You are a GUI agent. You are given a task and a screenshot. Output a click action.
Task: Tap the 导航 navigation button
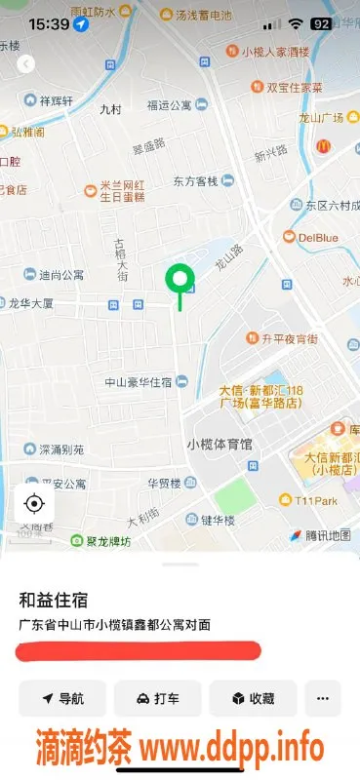(x=61, y=698)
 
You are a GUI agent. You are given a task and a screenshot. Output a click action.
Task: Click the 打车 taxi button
(x=157, y=698)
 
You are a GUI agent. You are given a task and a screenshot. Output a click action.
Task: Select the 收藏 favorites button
(x=252, y=698)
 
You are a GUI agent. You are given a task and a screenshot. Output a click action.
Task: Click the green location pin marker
(x=180, y=282)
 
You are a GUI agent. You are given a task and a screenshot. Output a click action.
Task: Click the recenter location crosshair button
(x=34, y=503)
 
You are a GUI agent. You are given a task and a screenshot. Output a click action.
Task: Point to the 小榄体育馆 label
(x=219, y=444)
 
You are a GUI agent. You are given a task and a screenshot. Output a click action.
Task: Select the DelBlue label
(x=317, y=237)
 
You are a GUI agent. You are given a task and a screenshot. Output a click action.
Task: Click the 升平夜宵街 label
(x=289, y=339)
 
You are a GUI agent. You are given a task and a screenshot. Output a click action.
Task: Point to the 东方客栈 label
(x=199, y=180)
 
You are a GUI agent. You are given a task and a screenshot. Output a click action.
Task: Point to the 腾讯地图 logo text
(x=326, y=535)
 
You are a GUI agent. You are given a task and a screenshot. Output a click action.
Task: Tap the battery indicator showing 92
(x=321, y=22)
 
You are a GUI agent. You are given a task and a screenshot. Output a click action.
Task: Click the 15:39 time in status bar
(x=48, y=22)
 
